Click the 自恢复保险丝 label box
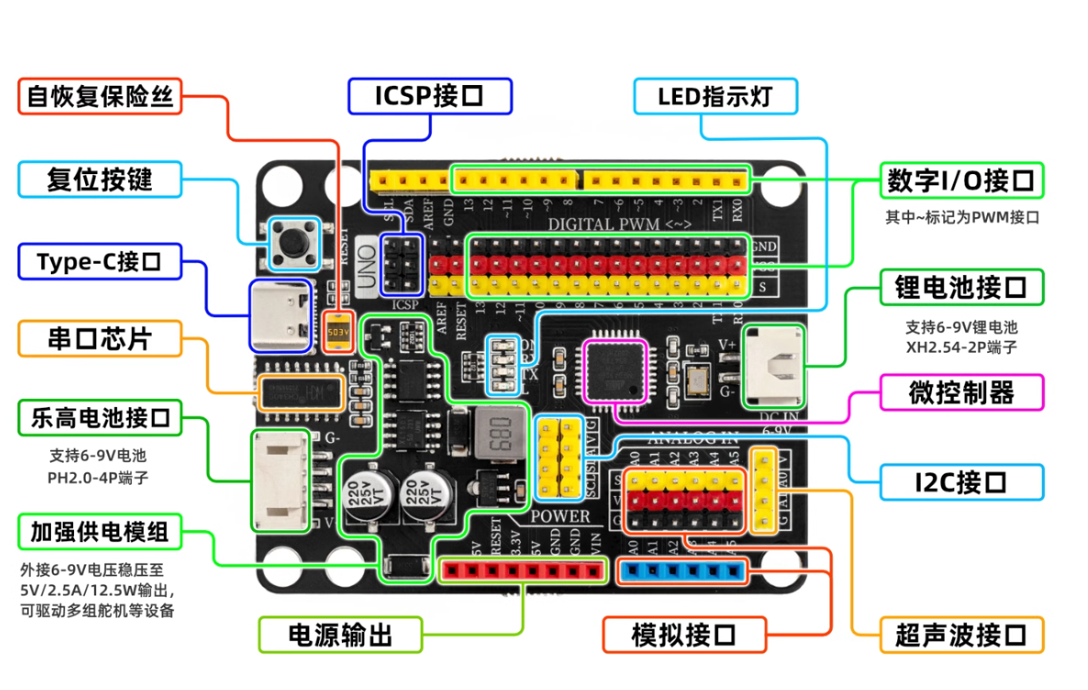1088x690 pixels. (100, 96)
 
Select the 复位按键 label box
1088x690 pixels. (99, 180)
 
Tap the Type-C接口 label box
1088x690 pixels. (99, 262)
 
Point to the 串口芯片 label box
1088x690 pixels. (99, 339)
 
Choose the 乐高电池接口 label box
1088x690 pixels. (100, 418)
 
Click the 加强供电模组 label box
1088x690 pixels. (100, 531)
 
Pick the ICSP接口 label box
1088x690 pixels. (429, 96)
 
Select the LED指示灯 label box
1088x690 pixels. (715, 97)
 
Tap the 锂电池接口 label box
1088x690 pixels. (962, 287)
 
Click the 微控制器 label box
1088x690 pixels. (962, 393)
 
